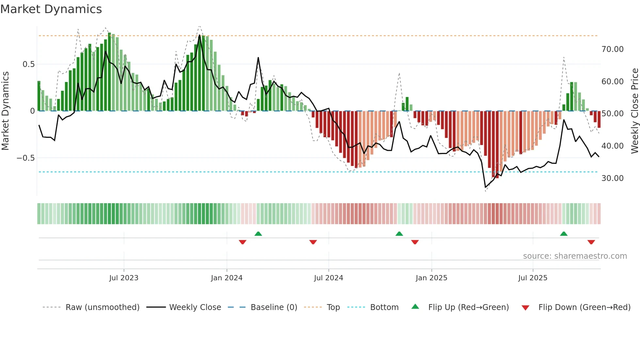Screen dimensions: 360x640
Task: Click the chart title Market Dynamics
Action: coord(51,9)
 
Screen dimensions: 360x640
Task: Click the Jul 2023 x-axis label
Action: coord(124,278)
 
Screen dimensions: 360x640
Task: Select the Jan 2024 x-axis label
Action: coord(227,278)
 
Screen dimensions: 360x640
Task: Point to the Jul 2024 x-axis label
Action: coord(328,278)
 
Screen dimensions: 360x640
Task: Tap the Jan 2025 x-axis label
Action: coord(431,278)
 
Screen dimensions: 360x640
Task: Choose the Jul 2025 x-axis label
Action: coord(533,278)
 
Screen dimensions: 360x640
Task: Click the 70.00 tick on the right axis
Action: coord(612,49)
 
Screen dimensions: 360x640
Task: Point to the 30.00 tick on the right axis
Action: coord(612,178)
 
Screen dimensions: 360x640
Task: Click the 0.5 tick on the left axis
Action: coord(28,64)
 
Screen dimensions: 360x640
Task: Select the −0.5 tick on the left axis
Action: coord(26,158)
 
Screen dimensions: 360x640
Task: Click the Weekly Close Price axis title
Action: coord(634,111)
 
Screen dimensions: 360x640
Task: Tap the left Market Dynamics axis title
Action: coord(5,111)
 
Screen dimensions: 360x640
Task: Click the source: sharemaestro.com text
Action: coord(575,256)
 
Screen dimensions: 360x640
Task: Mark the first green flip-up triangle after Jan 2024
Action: coord(258,234)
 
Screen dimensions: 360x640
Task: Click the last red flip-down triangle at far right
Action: coord(591,242)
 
